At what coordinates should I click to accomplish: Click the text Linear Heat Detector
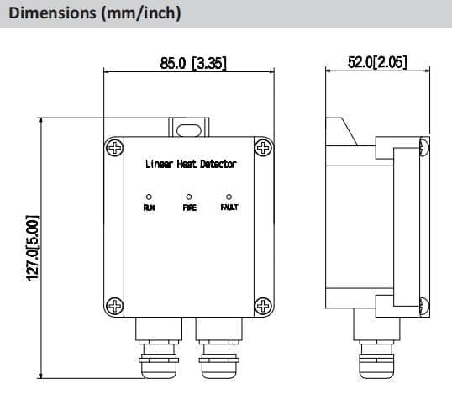coord(190,164)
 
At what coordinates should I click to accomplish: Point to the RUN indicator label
coord(149,207)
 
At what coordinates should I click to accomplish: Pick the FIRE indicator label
coord(189,207)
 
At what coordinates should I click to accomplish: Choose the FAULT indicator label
coord(229,207)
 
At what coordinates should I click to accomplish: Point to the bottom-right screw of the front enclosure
coord(263,304)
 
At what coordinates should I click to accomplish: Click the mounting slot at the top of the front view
coord(190,128)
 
